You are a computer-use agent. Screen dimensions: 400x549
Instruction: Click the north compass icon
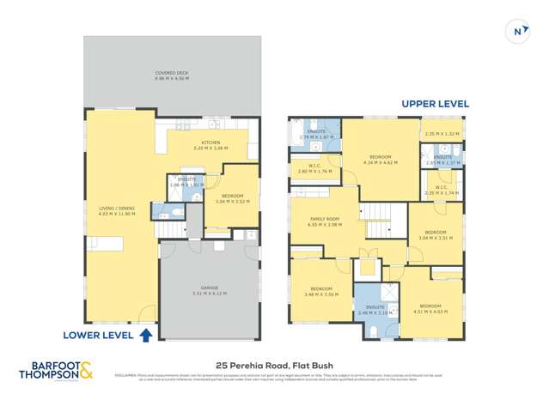pos(518,31)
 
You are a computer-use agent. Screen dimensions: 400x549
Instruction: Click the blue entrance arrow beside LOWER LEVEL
pos(146,334)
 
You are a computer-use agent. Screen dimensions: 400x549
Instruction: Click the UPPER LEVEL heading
pos(435,104)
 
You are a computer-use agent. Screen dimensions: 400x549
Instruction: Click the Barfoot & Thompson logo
pos(58,373)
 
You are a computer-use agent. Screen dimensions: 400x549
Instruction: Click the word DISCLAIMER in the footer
pos(125,375)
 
